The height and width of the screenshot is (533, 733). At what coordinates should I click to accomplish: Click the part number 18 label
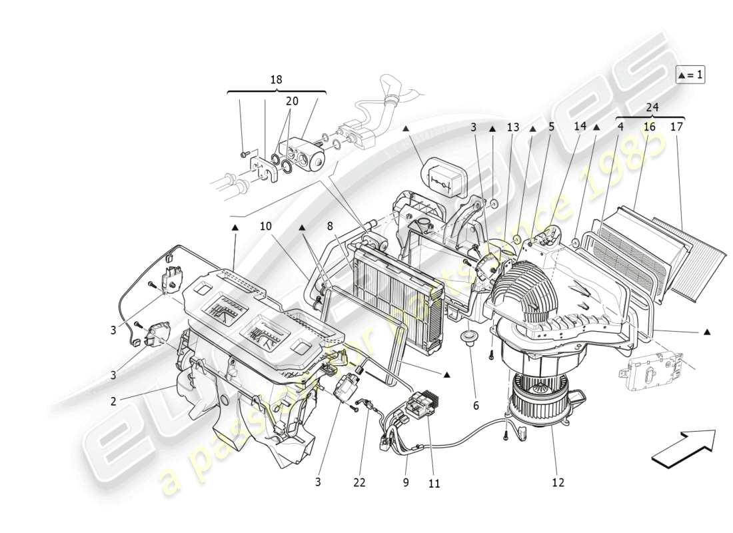click(x=276, y=80)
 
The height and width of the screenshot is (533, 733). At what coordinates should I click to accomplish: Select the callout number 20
click(x=292, y=101)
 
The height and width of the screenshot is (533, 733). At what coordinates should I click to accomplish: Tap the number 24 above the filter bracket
click(x=652, y=107)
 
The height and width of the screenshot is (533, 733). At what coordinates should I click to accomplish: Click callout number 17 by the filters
click(x=677, y=126)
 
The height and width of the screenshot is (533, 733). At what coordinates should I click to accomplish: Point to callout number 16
click(x=649, y=126)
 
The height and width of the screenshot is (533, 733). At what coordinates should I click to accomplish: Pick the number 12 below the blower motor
click(x=558, y=482)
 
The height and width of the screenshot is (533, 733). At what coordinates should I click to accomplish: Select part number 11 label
click(x=434, y=484)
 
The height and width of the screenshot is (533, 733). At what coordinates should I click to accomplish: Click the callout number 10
click(x=266, y=227)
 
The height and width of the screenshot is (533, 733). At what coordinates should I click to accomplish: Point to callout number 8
click(x=329, y=227)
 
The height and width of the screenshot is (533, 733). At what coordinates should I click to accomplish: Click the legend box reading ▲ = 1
click(x=690, y=75)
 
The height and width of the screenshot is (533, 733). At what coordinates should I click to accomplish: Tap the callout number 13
click(x=512, y=127)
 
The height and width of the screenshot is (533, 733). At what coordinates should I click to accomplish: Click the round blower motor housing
click(x=533, y=393)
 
